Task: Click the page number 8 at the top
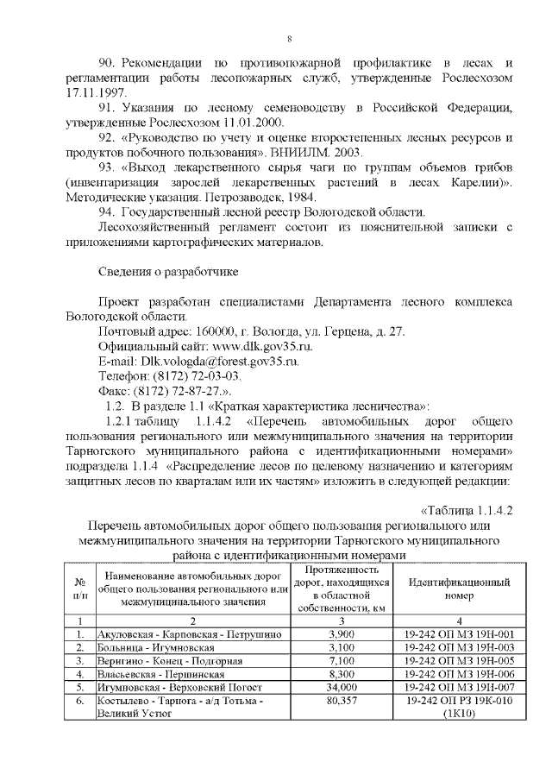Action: [289, 39]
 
